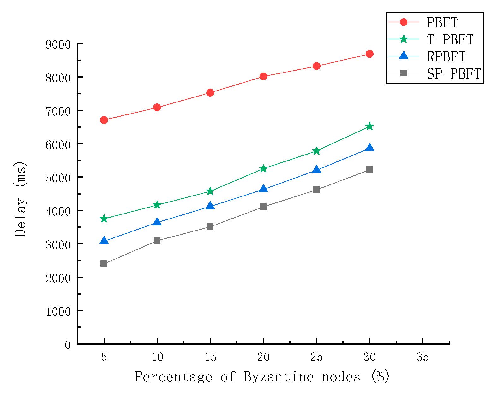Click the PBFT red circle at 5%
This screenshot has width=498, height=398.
(104, 120)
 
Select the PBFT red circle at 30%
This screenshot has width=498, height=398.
(369, 54)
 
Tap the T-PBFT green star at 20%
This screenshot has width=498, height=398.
(263, 169)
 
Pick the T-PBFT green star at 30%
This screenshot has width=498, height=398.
(369, 126)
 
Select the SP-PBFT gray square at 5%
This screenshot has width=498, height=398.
(104, 264)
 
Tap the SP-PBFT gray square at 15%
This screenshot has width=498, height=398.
(210, 227)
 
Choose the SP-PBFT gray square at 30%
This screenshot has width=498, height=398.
(369, 170)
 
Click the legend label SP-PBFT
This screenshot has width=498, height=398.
(454, 73)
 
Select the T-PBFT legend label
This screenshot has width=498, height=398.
(450, 39)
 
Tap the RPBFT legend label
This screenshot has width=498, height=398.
(446, 56)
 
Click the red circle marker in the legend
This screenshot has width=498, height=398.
(404, 22)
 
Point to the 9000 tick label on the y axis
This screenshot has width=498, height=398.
(58, 44)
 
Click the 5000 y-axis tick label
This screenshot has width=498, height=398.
(58, 178)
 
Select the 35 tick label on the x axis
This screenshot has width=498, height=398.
(423, 357)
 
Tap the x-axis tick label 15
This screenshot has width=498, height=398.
(210, 357)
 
